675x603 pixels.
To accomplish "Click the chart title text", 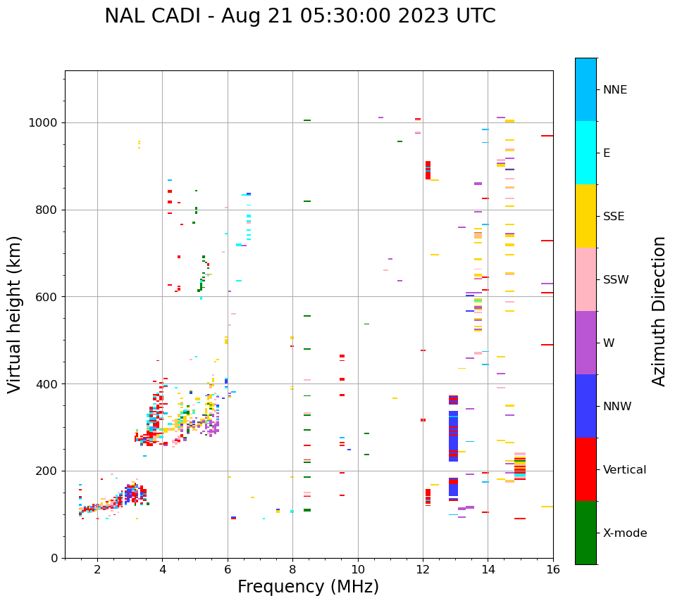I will point(300,16).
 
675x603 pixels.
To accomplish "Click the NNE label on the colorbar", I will point(614,90).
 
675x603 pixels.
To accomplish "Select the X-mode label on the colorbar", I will point(624,533).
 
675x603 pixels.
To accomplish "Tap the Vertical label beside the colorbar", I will point(624,470).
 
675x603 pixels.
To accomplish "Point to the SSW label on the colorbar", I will point(616,280).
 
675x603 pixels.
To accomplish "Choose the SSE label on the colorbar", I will point(614,217).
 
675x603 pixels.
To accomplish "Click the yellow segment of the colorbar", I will point(586,216).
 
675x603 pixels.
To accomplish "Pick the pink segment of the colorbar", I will point(586,279).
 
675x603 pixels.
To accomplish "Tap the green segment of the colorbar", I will point(586,533).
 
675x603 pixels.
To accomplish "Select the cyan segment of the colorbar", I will point(586,153).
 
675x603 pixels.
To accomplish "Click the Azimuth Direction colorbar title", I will point(659,311).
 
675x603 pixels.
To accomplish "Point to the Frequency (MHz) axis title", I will point(308,587).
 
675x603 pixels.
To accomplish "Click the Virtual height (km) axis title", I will point(15,314).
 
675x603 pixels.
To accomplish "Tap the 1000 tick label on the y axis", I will point(44,123).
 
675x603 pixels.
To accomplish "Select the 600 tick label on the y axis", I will point(47,297).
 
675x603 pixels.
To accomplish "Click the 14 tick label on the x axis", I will point(488,569).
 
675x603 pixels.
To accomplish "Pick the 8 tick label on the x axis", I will point(292,569).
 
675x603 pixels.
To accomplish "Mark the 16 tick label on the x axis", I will point(552,569).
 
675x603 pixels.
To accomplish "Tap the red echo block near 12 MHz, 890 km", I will point(428,170).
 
